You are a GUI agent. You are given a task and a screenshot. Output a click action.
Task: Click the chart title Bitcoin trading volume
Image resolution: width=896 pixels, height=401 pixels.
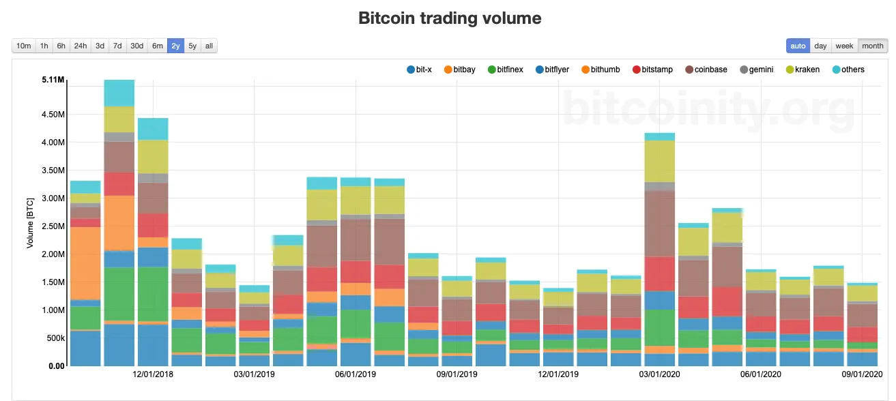click(450, 18)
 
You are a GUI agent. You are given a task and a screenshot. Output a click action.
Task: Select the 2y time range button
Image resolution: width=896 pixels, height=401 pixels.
click(175, 46)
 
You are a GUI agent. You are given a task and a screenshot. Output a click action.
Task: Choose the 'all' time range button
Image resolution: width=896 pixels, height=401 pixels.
click(209, 46)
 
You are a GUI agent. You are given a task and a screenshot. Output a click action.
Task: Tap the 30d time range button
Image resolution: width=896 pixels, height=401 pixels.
click(136, 46)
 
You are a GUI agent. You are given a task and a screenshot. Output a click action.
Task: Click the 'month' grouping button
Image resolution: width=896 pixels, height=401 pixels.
click(872, 46)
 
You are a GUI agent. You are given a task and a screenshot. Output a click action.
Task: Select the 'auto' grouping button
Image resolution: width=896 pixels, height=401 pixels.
click(798, 46)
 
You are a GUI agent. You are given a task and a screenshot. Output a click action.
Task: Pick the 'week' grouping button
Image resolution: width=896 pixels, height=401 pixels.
click(844, 46)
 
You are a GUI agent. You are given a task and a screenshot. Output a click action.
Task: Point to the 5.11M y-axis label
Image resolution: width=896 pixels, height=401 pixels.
click(53, 80)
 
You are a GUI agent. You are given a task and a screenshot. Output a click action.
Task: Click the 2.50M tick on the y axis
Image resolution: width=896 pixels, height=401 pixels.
click(53, 226)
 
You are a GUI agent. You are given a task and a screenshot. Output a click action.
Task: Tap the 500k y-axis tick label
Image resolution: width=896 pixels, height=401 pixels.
click(54, 338)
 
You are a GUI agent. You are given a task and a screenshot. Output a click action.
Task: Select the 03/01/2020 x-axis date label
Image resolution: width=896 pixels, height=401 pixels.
click(659, 374)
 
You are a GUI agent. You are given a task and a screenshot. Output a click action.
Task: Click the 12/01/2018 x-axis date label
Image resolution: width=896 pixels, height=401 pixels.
click(154, 374)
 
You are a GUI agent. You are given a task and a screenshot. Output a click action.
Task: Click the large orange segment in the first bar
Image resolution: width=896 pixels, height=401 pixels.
click(85, 263)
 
